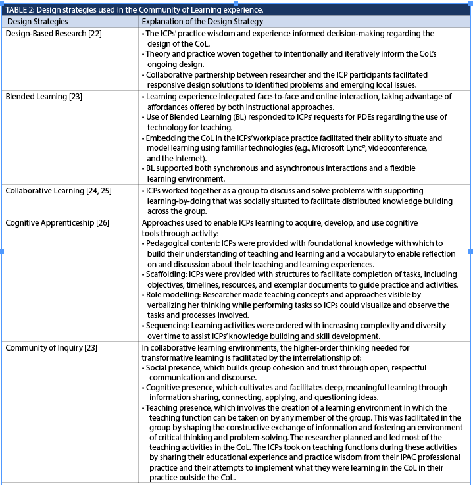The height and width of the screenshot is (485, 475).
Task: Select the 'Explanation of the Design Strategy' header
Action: click(199, 22)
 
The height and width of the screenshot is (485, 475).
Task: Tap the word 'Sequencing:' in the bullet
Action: click(169, 326)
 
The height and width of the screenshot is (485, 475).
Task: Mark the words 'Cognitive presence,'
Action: click(182, 388)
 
